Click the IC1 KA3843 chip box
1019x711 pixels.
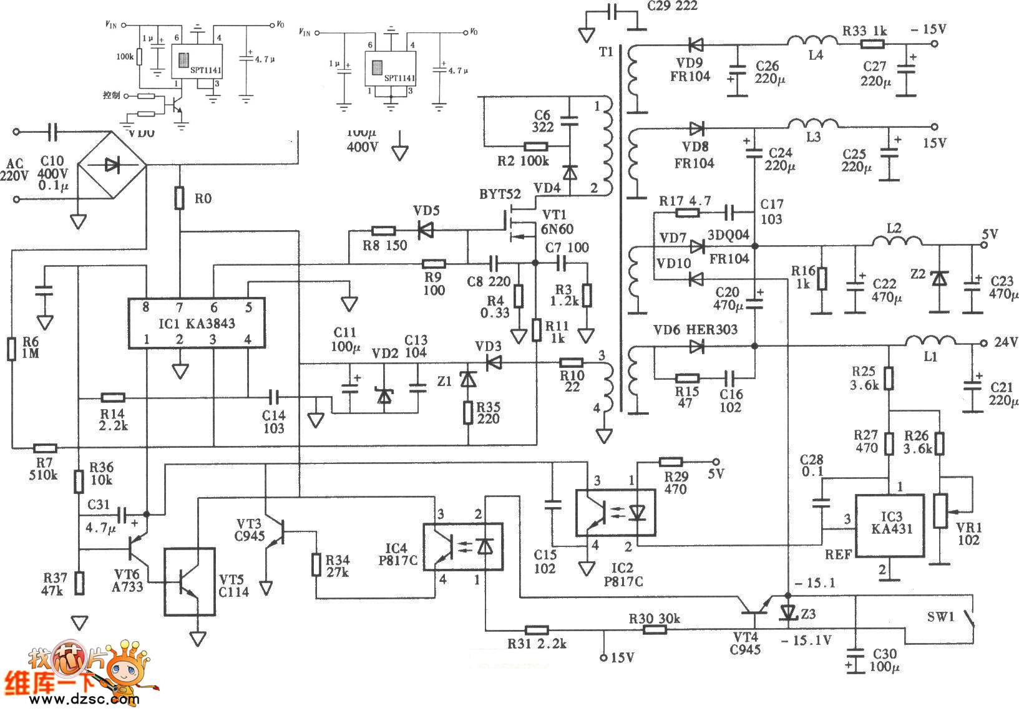pyautogui.click(x=197, y=322)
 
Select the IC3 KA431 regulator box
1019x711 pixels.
pyautogui.click(x=889, y=526)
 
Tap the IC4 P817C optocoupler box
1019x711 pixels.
pyautogui.click(x=463, y=546)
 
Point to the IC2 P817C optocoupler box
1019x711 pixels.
pyautogui.click(x=615, y=513)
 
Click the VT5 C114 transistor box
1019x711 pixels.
pyautogui.click(x=190, y=581)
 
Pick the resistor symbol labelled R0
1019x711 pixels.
pyautogui.click(x=180, y=198)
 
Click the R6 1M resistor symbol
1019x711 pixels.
pyautogui.click(x=11, y=349)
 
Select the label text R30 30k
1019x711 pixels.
pyautogui.click(x=654, y=619)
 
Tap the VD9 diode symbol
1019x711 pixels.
pyautogui.click(x=695, y=44)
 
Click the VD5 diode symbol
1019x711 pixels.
pyautogui.click(x=426, y=231)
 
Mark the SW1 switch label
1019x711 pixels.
pyautogui.click(x=940, y=617)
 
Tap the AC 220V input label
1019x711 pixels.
pyautogui.click(x=14, y=170)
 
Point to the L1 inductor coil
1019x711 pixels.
pyautogui.click(x=930, y=341)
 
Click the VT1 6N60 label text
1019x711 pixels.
pyautogui.click(x=557, y=221)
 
